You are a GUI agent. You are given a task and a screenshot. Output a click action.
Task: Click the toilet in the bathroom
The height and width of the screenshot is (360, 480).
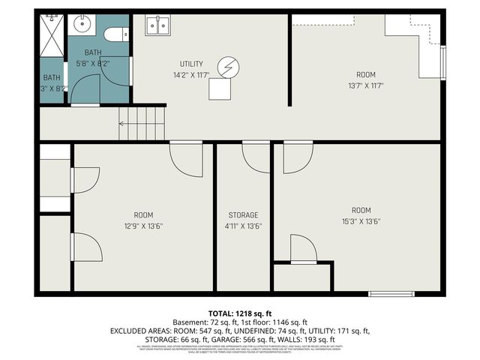115,34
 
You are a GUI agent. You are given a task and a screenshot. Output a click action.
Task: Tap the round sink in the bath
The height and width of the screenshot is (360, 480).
82,25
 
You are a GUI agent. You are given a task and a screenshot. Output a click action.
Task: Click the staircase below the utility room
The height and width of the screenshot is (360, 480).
142,123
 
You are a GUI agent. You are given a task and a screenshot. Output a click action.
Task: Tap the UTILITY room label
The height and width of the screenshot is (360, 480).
191,64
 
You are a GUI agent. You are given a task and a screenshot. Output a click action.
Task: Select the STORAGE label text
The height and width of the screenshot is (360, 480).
243,215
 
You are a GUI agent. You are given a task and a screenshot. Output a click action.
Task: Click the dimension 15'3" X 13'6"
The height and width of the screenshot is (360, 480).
361,221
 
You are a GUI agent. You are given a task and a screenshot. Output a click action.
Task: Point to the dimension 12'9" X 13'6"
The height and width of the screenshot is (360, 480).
143,226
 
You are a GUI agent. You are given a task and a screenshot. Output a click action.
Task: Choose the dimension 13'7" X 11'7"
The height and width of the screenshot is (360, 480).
366,86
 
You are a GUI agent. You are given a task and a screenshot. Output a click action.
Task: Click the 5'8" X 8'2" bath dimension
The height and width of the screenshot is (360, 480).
93,64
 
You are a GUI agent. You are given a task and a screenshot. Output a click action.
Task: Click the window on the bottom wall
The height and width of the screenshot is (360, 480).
391,293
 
